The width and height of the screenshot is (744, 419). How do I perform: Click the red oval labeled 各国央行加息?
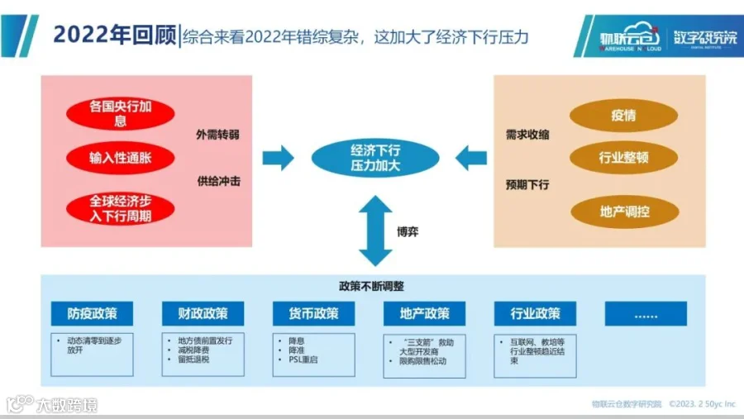[121, 114]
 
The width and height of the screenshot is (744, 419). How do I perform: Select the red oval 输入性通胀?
[121, 157]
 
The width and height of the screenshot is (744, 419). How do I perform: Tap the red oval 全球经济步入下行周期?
[121, 208]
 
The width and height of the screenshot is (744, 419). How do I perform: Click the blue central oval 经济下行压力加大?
[375, 158]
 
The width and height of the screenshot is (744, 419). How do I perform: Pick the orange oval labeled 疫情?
[623, 116]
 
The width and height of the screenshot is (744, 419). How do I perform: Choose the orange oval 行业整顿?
[623, 157]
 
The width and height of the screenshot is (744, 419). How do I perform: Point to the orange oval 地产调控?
[623, 212]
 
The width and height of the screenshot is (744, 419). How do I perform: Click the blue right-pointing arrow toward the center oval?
[278, 157]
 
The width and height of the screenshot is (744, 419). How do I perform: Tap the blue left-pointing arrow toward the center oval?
[471, 157]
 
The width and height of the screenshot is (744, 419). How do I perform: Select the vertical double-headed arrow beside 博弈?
[375, 231]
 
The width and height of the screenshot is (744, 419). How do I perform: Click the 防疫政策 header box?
[92, 314]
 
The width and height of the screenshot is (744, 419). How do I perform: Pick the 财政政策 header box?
[203, 314]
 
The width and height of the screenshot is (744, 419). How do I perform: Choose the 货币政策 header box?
[313, 314]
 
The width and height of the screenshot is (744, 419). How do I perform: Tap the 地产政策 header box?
[425, 314]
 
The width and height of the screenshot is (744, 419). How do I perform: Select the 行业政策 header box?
[535, 314]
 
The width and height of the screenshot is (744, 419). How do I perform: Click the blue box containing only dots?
[646, 314]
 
